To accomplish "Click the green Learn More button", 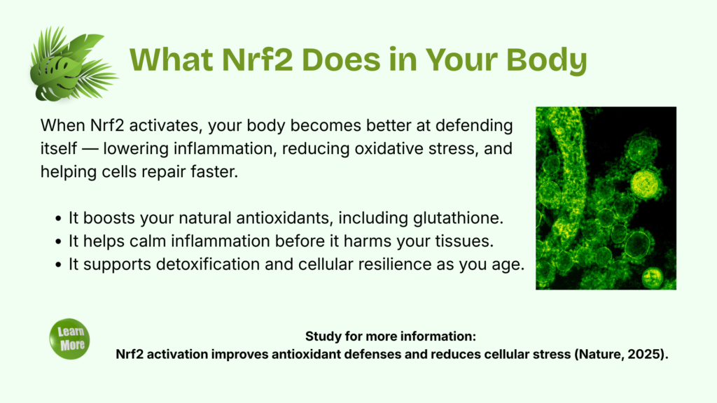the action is pyautogui.click(x=69, y=339).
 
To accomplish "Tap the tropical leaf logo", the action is pyautogui.click(x=73, y=64).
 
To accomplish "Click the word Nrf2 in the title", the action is pyautogui.click(x=257, y=60).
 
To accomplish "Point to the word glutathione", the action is pyautogui.click(x=458, y=218).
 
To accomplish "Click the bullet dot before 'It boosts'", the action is pyautogui.click(x=58, y=219).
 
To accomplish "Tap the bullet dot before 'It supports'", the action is pyautogui.click(x=58, y=265).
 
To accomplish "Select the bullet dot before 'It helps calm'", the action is pyautogui.click(x=58, y=241).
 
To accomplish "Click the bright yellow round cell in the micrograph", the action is pyautogui.click(x=645, y=184).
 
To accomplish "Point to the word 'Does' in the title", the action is pyautogui.click(x=341, y=60).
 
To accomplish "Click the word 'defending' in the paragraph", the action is pyautogui.click(x=474, y=126).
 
